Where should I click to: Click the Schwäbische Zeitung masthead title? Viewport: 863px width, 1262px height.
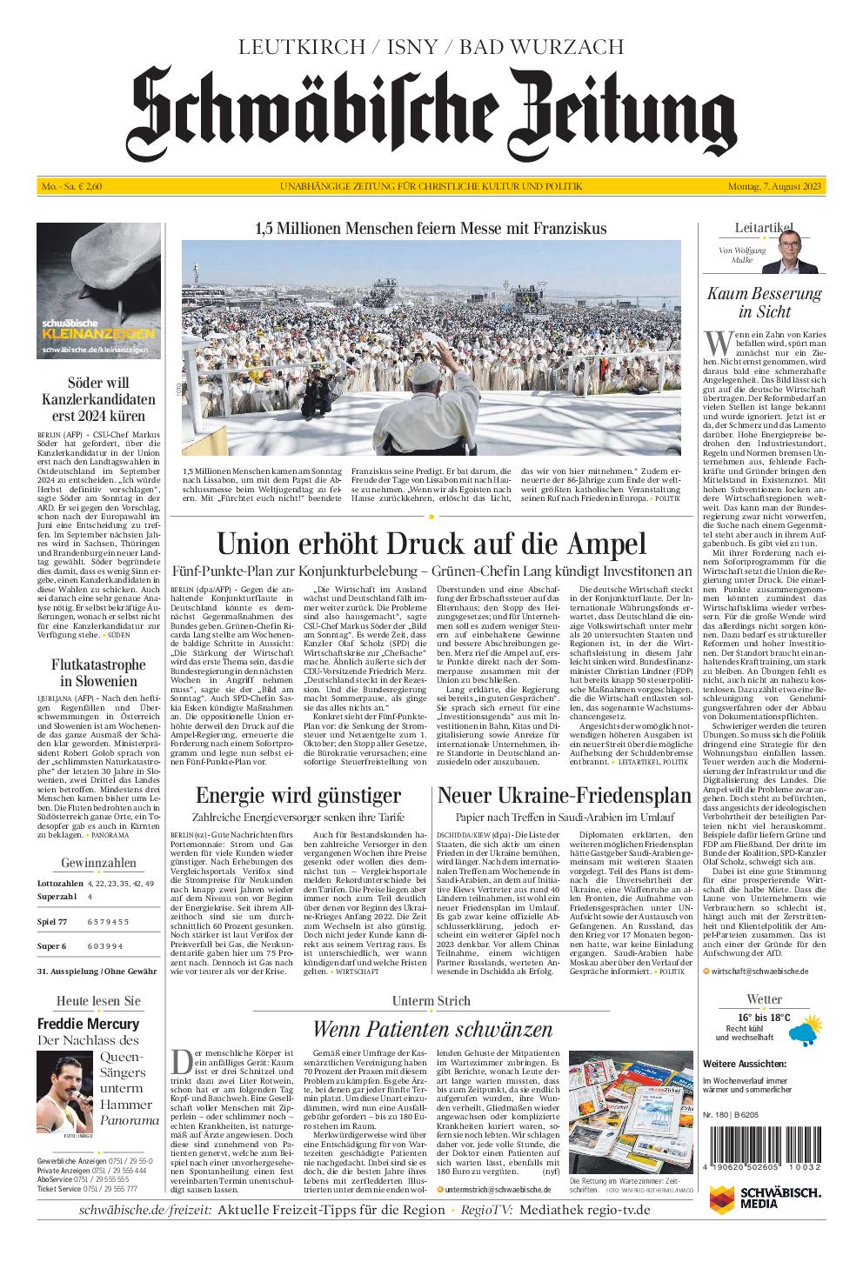[x=431, y=113]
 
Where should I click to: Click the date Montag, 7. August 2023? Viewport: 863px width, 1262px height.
[x=775, y=187]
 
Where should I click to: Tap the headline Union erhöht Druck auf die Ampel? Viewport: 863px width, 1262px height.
[x=431, y=544]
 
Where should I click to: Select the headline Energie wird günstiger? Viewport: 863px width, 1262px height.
[x=298, y=795]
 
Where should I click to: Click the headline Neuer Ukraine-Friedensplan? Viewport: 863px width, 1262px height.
[x=564, y=795]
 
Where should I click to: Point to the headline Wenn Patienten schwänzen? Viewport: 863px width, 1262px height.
[x=431, y=1029]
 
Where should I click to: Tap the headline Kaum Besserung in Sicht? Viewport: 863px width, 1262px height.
[x=763, y=303]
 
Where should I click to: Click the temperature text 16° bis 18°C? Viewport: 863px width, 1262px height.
[x=763, y=1018]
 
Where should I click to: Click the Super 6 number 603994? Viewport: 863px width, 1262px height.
[x=105, y=945]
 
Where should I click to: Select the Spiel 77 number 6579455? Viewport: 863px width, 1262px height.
[x=108, y=921]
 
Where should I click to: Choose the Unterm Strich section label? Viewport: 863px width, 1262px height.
[x=431, y=1001]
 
